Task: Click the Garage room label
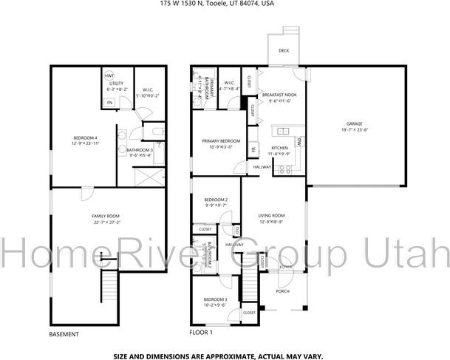pos(354,123)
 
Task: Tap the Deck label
pos(284,50)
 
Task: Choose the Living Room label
pos(272,215)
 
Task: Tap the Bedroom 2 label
pos(216,200)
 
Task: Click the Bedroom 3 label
pos(216,298)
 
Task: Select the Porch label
pos(282,291)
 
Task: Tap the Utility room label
pos(116,84)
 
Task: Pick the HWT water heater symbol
pos(109,75)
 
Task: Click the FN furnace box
pos(109,102)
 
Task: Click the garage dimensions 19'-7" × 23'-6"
pos(354,129)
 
